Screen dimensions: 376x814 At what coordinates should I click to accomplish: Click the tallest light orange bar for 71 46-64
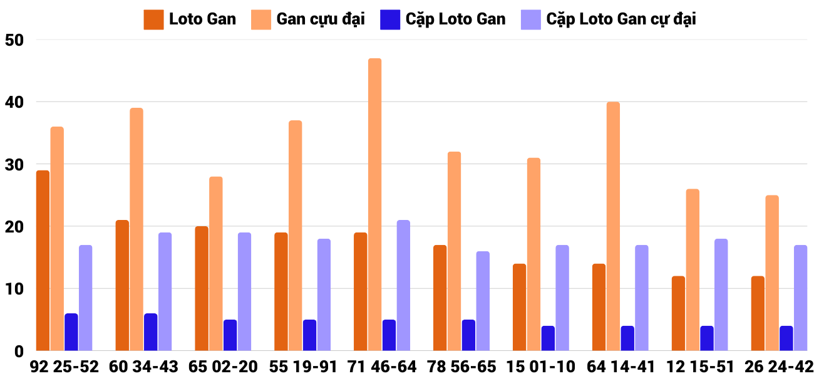coord(374,204)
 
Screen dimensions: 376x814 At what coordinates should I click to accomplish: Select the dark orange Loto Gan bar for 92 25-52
coord(43,260)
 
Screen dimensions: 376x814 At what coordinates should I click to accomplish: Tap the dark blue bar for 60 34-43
coord(150,332)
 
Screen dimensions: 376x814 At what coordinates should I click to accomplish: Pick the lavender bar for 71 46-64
coord(403,285)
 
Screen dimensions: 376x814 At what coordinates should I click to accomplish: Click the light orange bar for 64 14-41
coord(613,226)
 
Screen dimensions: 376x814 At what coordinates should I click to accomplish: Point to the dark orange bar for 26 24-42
coord(758,313)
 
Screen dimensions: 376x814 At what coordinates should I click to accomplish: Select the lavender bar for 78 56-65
coord(483,301)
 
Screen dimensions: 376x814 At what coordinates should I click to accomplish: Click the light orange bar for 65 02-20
coord(215,263)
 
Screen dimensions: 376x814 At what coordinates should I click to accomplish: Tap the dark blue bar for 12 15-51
coord(707,338)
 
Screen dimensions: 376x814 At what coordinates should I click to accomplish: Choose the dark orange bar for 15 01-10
coord(519,307)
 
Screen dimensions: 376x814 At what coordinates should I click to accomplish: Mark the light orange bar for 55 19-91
coord(295,236)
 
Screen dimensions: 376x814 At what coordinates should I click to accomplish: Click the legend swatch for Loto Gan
coord(153,19)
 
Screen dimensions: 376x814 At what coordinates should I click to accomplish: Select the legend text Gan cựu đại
coord(320,19)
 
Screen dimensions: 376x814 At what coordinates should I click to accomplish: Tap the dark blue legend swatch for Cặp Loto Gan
coord(389,19)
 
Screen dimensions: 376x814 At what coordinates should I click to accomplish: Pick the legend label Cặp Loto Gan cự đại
coord(621,19)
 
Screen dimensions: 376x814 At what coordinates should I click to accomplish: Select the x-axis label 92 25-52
coord(64,367)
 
